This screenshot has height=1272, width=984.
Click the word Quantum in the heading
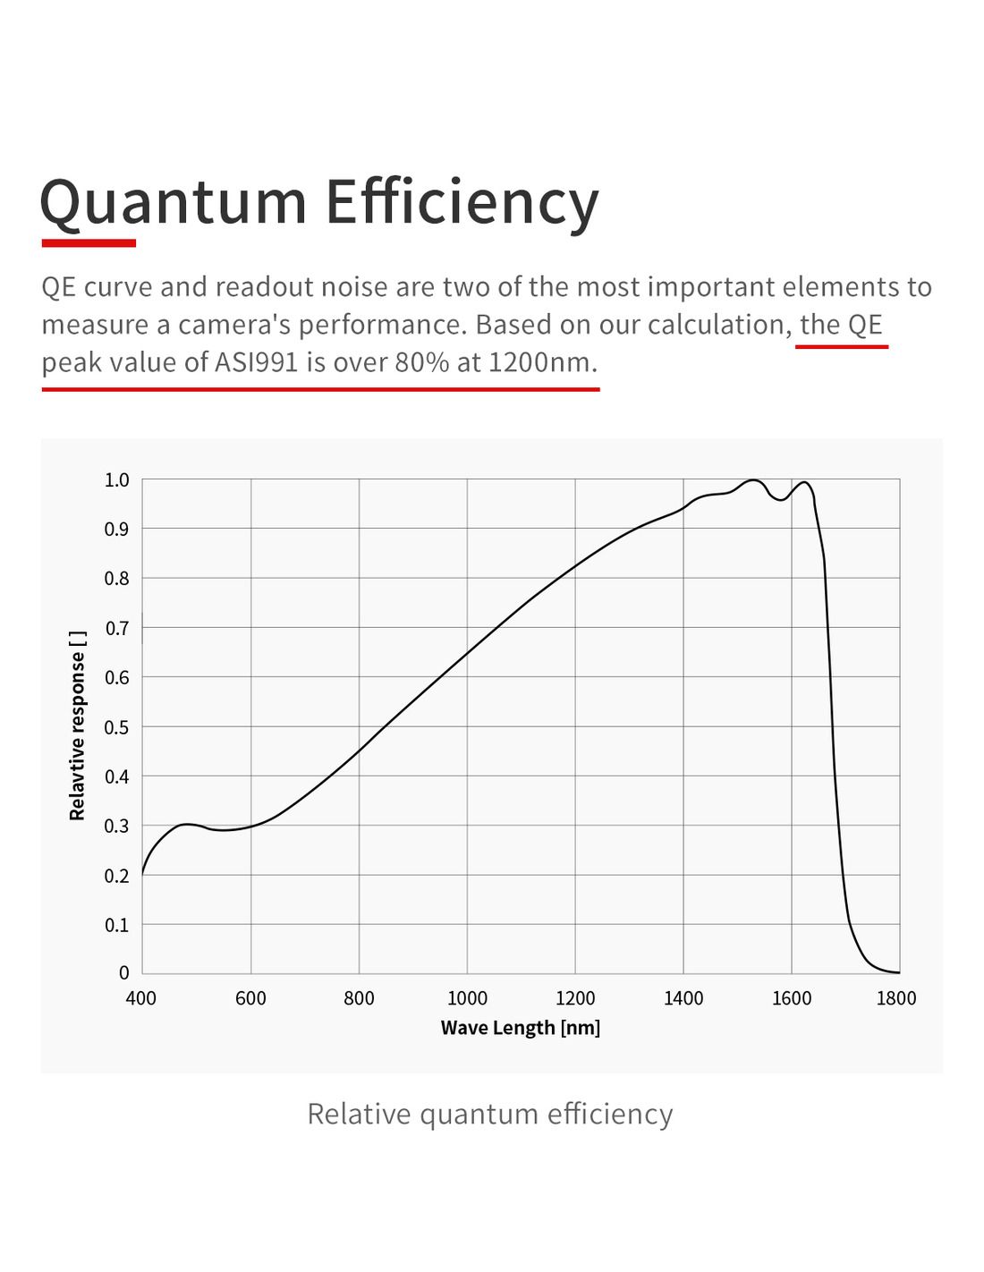174,202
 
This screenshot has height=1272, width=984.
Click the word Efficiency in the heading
461,202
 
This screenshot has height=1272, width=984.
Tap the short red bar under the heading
89,242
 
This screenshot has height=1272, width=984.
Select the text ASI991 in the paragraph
256,362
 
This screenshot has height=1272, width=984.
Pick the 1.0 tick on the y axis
117,480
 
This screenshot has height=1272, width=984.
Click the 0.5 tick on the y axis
117,727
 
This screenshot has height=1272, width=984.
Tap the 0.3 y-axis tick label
117,826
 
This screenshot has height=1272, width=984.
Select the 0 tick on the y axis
124,972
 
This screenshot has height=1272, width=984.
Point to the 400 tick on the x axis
141,998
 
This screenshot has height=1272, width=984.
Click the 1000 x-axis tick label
467,998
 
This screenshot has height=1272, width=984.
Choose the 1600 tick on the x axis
792,998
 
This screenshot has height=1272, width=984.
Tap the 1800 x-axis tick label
895,998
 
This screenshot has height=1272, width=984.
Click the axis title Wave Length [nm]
521,1028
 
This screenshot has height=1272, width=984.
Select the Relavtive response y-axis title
78,725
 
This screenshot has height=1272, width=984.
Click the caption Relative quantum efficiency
490,1114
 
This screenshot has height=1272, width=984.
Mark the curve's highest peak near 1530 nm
754,480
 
